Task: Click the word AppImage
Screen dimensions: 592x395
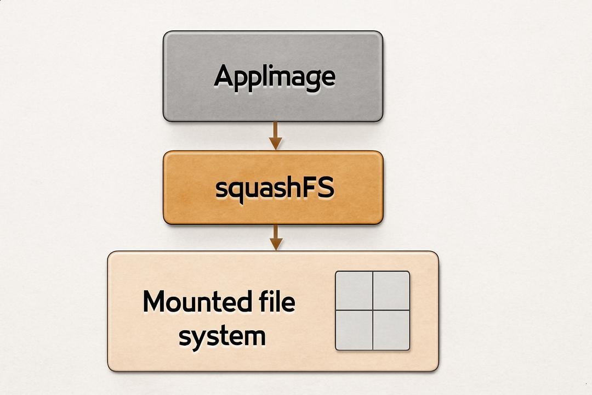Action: [x=275, y=77]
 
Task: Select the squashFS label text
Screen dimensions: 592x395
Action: [x=275, y=188]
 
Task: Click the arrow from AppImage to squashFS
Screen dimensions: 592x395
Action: [x=276, y=136]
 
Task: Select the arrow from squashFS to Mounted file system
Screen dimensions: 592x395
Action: [x=276, y=237]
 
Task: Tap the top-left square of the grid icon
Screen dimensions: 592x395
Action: [x=354, y=290]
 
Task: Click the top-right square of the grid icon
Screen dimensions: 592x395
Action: [x=391, y=290]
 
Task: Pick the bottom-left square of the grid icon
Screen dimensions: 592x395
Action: [x=354, y=330]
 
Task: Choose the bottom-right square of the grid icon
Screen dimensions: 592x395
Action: [x=391, y=330]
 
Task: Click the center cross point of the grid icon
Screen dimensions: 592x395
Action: [x=373, y=310]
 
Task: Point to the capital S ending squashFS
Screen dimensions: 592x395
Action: [x=326, y=187]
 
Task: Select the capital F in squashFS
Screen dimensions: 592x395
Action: [x=309, y=187]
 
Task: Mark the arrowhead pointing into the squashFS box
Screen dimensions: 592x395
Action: [x=276, y=144]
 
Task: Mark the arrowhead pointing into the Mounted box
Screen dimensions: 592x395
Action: [x=276, y=244]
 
